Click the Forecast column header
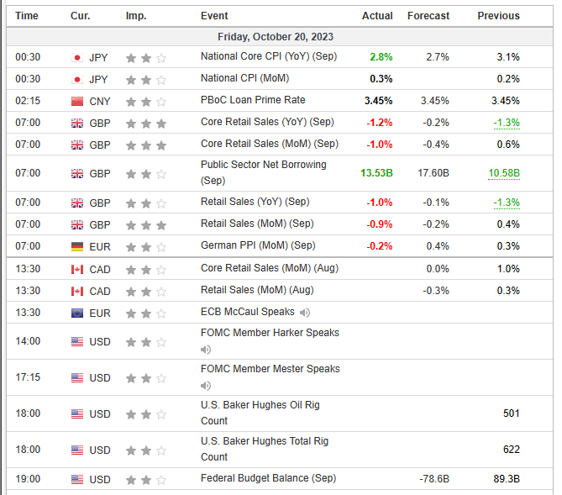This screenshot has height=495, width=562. coord(428,16)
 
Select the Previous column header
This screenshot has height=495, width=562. coord(498,16)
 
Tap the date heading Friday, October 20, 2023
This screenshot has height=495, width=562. coord(276,37)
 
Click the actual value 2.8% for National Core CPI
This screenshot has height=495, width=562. coord(381,57)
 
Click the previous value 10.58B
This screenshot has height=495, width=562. coord(503,173)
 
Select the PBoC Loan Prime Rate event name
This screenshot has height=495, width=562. coord(253,101)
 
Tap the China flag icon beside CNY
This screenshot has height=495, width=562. coord(77,101)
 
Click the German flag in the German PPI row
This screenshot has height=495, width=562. coord(77,246)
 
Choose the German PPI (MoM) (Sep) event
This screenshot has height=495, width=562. coord(258,245)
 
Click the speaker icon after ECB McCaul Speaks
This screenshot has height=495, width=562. coord(304,313)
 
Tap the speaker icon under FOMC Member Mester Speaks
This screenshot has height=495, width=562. coord(206,386)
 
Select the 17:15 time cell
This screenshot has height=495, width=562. coord(28,377)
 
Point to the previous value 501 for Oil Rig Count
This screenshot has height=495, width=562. coord(511,413)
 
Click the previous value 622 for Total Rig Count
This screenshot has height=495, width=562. coord(511,450)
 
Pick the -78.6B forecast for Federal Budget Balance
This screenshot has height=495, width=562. coord(433,479)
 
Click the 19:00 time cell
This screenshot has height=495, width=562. coord(28,479)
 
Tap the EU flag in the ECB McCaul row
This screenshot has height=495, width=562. coord(77,313)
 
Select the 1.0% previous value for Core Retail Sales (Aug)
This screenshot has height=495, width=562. coord(507,268)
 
